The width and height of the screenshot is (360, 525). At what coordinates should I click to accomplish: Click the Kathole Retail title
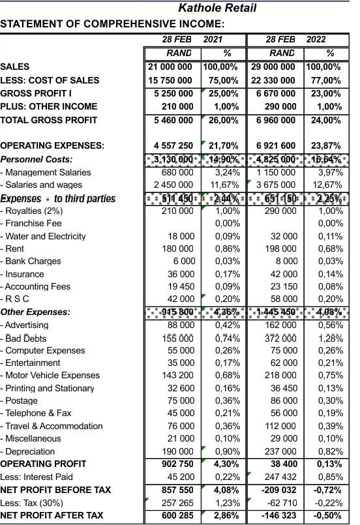point(217,8)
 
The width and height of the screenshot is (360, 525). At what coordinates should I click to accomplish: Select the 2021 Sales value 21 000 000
point(170,67)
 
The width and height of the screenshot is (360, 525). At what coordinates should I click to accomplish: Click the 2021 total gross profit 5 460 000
point(172,120)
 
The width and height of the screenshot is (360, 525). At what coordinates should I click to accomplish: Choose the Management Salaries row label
point(46,172)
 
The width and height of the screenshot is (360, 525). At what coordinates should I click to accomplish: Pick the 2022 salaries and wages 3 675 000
point(275,185)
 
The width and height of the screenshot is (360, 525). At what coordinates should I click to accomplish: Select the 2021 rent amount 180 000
point(178,248)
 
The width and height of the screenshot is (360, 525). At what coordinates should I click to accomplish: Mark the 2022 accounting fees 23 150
point(282,286)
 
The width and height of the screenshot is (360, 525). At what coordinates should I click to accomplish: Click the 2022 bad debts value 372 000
point(280,337)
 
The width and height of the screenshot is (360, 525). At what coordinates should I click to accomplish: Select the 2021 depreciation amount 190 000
point(177,451)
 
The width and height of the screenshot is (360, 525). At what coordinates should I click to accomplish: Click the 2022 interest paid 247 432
point(280,477)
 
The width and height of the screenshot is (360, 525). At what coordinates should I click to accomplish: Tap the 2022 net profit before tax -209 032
point(277,489)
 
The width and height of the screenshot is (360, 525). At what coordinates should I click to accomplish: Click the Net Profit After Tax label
point(52,515)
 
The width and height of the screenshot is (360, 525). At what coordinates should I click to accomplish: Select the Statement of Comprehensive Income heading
point(112,24)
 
